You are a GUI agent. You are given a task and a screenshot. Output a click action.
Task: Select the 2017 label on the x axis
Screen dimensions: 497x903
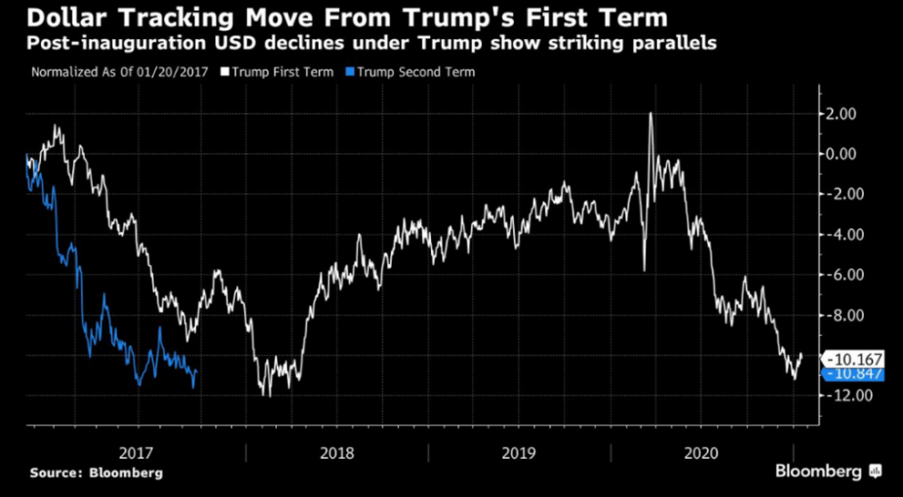pos(136,452)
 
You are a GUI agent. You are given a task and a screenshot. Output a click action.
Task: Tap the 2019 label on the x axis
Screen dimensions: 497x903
pos(518,452)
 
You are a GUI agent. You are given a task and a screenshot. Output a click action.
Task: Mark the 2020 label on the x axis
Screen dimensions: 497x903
pos(702,452)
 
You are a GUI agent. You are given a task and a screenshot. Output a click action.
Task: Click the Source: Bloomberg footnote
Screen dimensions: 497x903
pos(96,472)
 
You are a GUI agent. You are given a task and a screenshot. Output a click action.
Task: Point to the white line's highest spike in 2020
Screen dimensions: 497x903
pos(651,114)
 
